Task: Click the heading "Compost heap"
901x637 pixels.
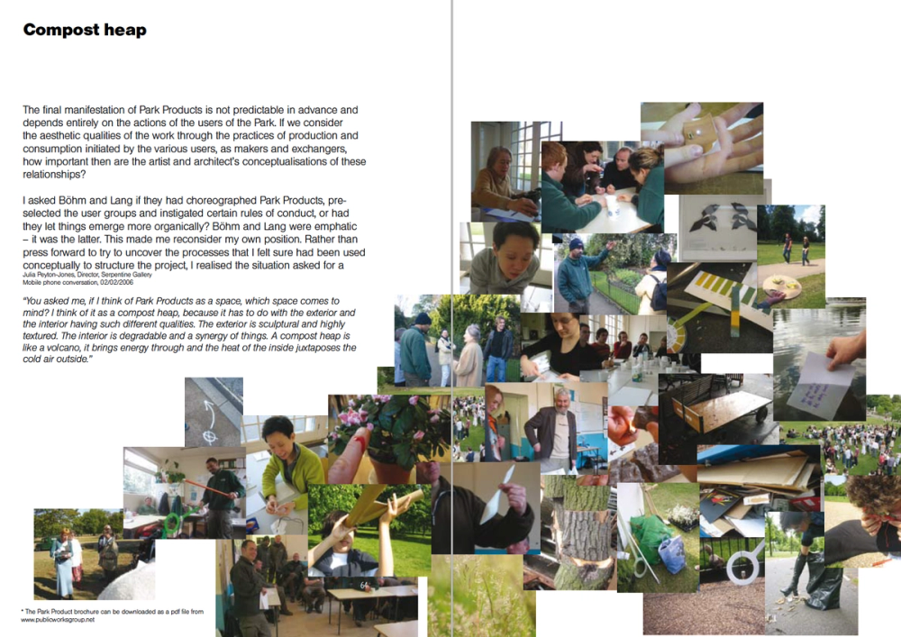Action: [x=85, y=30]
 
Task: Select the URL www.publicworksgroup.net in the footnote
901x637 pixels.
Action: [x=58, y=620]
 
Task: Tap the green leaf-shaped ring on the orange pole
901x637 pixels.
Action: [x=172, y=523]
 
